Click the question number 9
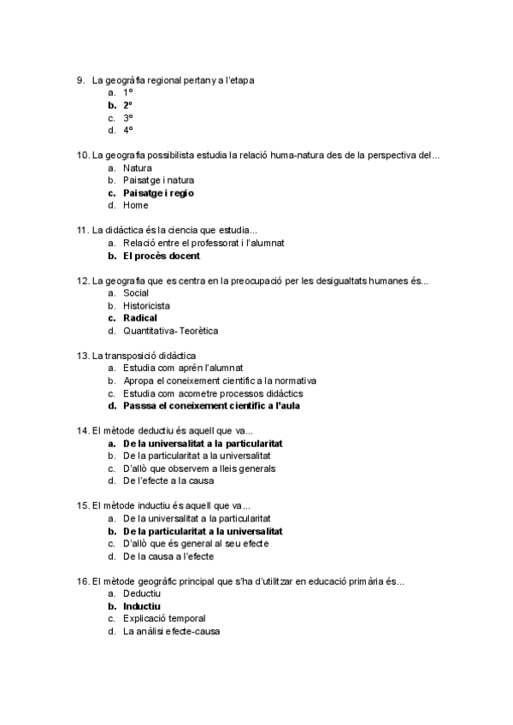(x=80, y=80)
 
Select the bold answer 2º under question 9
(x=127, y=105)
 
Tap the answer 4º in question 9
(x=128, y=131)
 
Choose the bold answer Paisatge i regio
(x=158, y=193)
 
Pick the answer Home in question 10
(x=135, y=205)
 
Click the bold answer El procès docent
(x=162, y=256)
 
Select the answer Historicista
(x=146, y=305)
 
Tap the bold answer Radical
(x=140, y=318)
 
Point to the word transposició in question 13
(x=141, y=356)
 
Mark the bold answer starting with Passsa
(x=211, y=406)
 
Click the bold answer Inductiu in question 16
(x=142, y=606)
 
